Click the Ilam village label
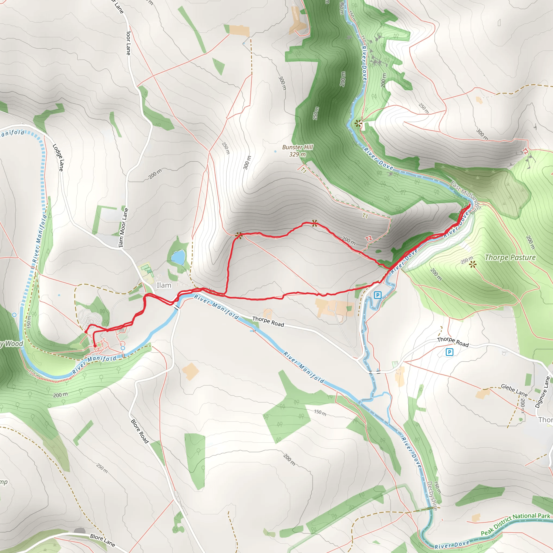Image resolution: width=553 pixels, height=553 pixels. [164, 285]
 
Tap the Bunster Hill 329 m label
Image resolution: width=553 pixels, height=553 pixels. [297, 151]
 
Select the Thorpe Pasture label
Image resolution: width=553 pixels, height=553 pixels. [510, 257]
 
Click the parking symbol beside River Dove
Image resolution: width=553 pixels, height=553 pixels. [377, 295]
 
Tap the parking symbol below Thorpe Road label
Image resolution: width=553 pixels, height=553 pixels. [449, 352]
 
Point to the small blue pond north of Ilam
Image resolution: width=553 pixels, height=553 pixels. [178, 257]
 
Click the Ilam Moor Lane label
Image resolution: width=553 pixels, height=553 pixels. [123, 228]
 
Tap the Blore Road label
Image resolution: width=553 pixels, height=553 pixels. [140, 431]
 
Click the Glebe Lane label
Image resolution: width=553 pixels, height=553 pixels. [514, 390]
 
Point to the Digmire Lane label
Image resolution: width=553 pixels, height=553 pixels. [543, 392]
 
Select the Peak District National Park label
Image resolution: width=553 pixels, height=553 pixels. [515, 524]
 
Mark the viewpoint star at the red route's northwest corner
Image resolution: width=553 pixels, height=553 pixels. [238, 235]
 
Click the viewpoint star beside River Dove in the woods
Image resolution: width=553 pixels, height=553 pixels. [358, 124]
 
